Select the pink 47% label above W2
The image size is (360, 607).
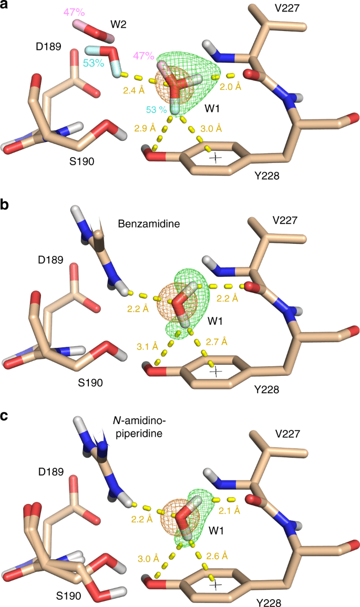[x=74, y=12]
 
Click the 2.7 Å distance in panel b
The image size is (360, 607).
[x=217, y=327]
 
